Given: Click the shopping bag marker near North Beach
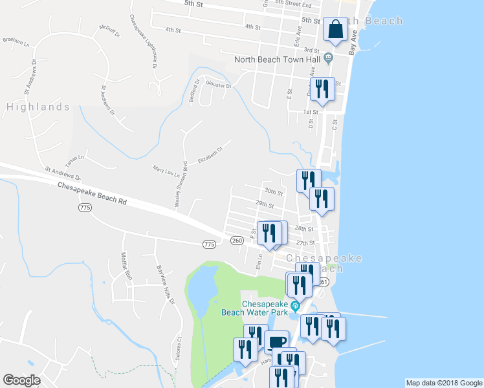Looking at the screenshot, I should (x=335, y=29).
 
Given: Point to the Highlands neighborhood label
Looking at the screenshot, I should (x=38, y=107).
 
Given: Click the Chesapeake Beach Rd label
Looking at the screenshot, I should (x=92, y=193).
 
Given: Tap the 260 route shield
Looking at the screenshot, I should (x=237, y=241).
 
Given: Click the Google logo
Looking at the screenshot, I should (x=21, y=380).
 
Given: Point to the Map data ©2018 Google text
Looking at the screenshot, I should (x=443, y=383).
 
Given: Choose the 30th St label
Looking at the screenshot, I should (x=274, y=193).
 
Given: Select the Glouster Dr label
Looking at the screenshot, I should (x=217, y=84).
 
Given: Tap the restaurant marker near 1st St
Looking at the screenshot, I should (x=322, y=89).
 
